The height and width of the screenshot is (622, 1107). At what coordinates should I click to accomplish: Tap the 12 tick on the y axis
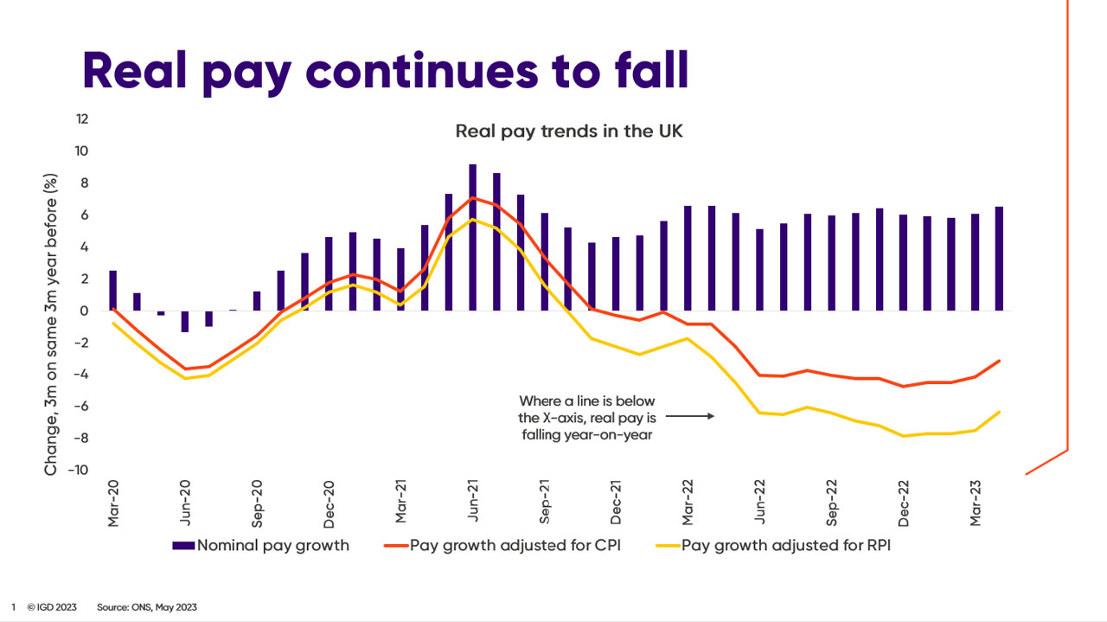coord(82,119)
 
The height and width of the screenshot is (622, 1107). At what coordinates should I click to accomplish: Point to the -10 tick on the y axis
coord(79,471)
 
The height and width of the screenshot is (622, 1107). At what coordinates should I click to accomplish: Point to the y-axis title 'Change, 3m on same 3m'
coord(52,324)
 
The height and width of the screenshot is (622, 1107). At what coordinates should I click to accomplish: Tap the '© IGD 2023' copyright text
coord(51,607)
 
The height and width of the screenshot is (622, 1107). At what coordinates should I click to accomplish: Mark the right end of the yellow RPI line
coord(1000,412)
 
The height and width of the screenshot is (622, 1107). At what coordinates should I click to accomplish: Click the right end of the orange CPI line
coord(1000,361)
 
